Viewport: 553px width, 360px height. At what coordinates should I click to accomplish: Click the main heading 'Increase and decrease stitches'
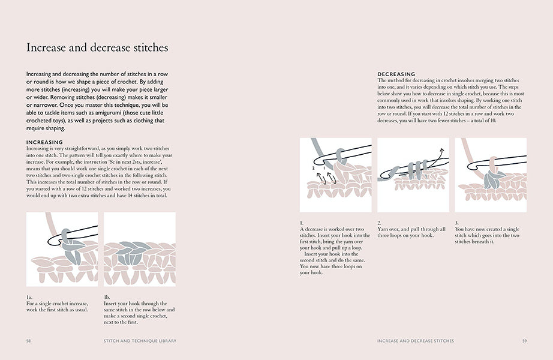tap(97, 47)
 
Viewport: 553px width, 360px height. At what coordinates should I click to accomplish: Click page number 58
tap(28, 341)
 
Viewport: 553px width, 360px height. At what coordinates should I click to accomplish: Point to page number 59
tap(524, 341)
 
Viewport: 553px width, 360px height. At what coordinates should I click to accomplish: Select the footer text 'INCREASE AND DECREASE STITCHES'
tap(416, 341)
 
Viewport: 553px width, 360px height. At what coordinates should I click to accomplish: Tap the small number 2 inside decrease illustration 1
tap(313, 170)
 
